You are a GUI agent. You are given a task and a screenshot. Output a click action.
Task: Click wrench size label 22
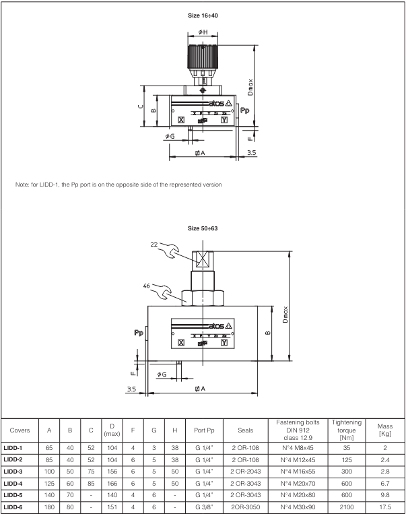(157, 245)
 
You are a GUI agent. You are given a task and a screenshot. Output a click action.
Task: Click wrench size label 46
(149, 286)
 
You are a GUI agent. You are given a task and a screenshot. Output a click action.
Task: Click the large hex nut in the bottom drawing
(202, 296)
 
